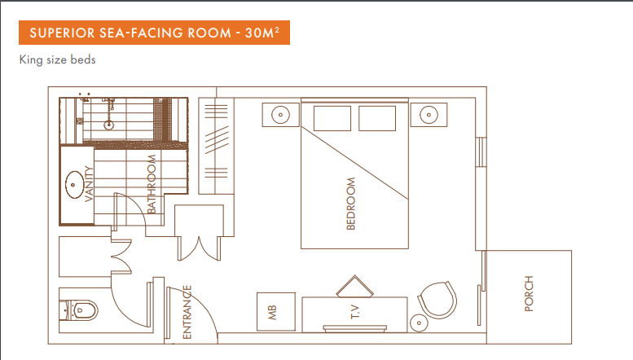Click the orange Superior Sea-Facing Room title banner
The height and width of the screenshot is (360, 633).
pyautogui.click(x=154, y=33)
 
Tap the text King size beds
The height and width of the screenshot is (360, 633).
pyautogui.click(x=57, y=59)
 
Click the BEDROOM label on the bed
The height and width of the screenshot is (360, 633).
pyautogui.click(x=351, y=204)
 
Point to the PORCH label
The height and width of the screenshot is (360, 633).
pyautogui.click(x=529, y=293)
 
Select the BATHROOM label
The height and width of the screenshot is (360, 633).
pyautogui.click(x=152, y=184)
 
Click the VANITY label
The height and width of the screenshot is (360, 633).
pyautogui.click(x=89, y=183)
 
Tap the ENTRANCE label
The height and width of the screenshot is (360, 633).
pyautogui.click(x=187, y=312)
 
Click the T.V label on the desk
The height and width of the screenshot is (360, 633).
pyautogui.click(x=355, y=312)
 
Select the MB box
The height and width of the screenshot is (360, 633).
pyautogui.click(x=276, y=312)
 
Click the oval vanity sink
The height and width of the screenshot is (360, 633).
pyautogui.click(x=73, y=185)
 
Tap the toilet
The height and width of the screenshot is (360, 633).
pyautogui.click(x=79, y=310)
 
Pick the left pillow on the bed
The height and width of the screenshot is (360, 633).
pyautogui.click(x=332, y=118)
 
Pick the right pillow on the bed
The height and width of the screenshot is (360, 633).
pyautogui.click(x=377, y=118)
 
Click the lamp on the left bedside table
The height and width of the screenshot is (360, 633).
pyautogui.click(x=280, y=115)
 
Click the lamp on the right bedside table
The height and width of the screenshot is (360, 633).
pyautogui.click(x=429, y=115)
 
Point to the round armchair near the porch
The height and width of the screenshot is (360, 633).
pyautogui.click(x=437, y=301)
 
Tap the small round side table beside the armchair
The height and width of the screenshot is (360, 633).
pyautogui.click(x=419, y=323)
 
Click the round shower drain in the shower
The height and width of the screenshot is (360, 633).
pyautogui.click(x=108, y=125)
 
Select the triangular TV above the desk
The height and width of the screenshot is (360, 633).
pyautogui.click(x=355, y=287)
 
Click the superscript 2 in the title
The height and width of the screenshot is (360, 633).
pyautogui.click(x=276, y=29)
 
